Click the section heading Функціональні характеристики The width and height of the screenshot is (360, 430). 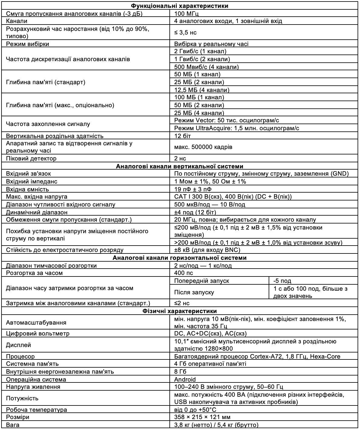pos(180,6)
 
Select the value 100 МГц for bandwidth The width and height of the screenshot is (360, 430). pos(187,13)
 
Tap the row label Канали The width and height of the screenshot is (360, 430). pos(17,21)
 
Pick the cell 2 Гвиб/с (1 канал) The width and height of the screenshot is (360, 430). pos(200,51)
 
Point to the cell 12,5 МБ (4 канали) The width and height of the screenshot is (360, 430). pos(202,90)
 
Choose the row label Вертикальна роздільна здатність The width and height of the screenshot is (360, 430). pos(55,136)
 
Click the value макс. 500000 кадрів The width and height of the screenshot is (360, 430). pos(203,147)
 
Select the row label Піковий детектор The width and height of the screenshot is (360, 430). pos(31,158)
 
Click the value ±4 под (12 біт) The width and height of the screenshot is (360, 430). pos(195,212)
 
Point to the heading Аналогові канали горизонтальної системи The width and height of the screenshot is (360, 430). pos(180,258)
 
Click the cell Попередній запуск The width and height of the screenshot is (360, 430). pos(202,281)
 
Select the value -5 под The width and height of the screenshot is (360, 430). pos(282,281)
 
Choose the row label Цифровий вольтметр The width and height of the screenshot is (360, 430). pos(38,334)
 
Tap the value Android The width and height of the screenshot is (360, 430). pos(185,379)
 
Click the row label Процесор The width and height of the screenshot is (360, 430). pos(20,356)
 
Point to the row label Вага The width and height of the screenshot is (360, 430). pos(13,425)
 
